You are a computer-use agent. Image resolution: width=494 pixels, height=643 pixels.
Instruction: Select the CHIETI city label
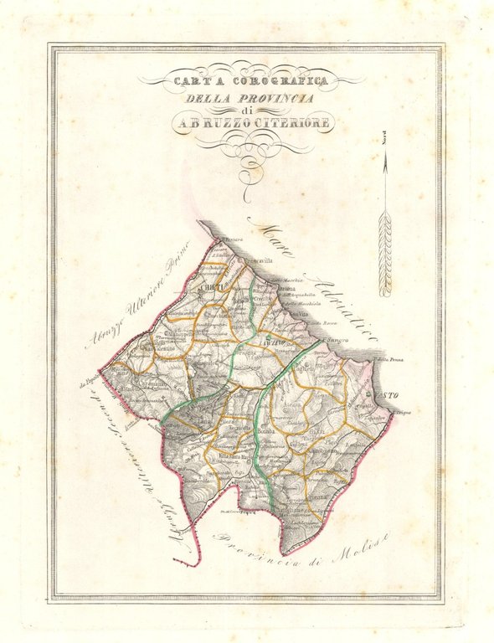click(x=208, y=286)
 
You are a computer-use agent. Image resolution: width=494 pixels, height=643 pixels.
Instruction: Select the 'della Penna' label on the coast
click(x=391, y=361)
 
